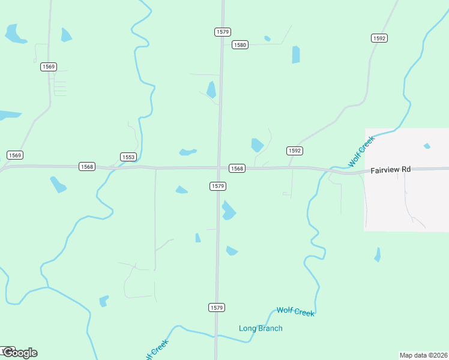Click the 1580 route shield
click(240, 44)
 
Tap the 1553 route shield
click(128, 157)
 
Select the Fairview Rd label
click(390, 170)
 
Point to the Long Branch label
click(261, 328)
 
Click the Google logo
click(20, 352)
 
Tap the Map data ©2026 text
click(424, 355)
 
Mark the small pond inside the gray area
click(427, 146)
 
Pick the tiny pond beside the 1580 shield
click(267, 39)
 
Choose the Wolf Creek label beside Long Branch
click(295, 311)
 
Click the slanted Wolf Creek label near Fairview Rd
click(361, 152)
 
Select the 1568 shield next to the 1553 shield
click(86, 166)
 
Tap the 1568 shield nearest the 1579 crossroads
click(237, 169)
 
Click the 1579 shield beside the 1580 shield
click(222, 31)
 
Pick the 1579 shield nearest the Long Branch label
click(217, 307)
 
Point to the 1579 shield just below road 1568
click(218, 186)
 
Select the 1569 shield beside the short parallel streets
click(49, 67)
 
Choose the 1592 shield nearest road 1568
click(294, 151)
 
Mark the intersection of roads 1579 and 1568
click(218, 168)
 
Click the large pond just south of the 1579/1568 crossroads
click(229, 211)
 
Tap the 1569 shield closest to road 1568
click(15, 155)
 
